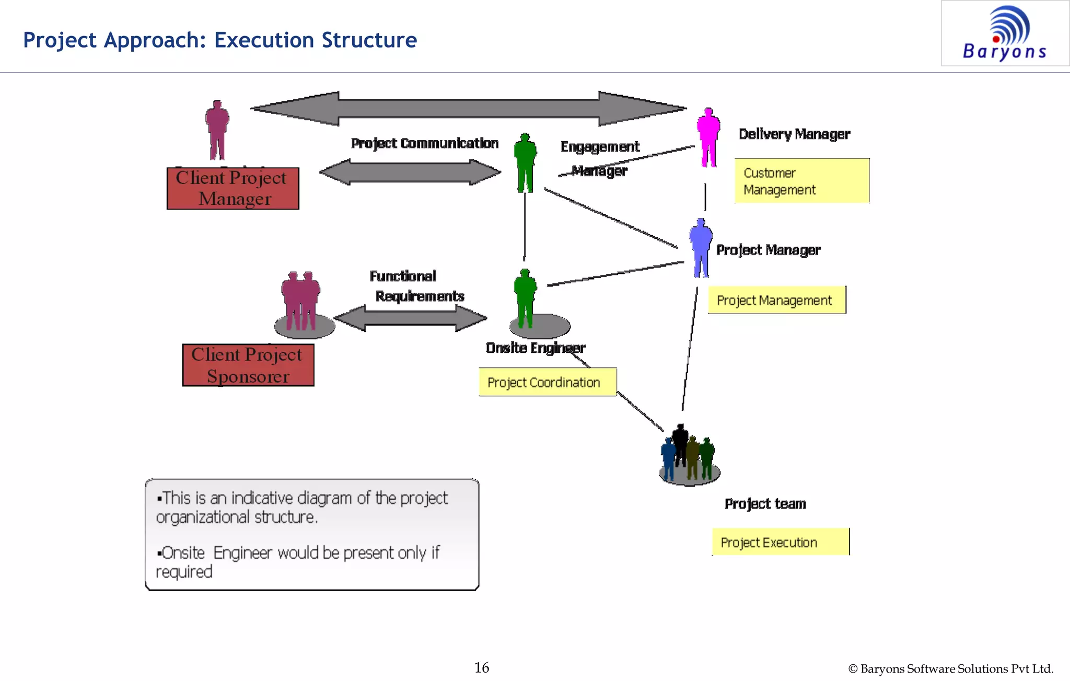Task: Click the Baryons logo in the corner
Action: click(1005, 33)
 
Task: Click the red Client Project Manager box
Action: click(232, 188)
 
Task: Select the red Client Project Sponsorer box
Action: click(248, 365)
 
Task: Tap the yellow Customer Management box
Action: click(801, 181)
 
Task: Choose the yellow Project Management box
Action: click(776, 300)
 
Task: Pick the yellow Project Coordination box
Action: click(548, 382)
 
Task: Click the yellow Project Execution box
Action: click(781, 542)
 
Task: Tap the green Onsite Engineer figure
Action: click(526, 298)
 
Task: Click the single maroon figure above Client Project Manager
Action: click(217, 131)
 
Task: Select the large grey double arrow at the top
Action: click(468, 109)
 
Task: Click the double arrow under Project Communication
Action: click(410, 172)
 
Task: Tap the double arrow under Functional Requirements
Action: click(410, 318)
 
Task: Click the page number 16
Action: click(481, 667)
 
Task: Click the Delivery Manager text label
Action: click(794, 134)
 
